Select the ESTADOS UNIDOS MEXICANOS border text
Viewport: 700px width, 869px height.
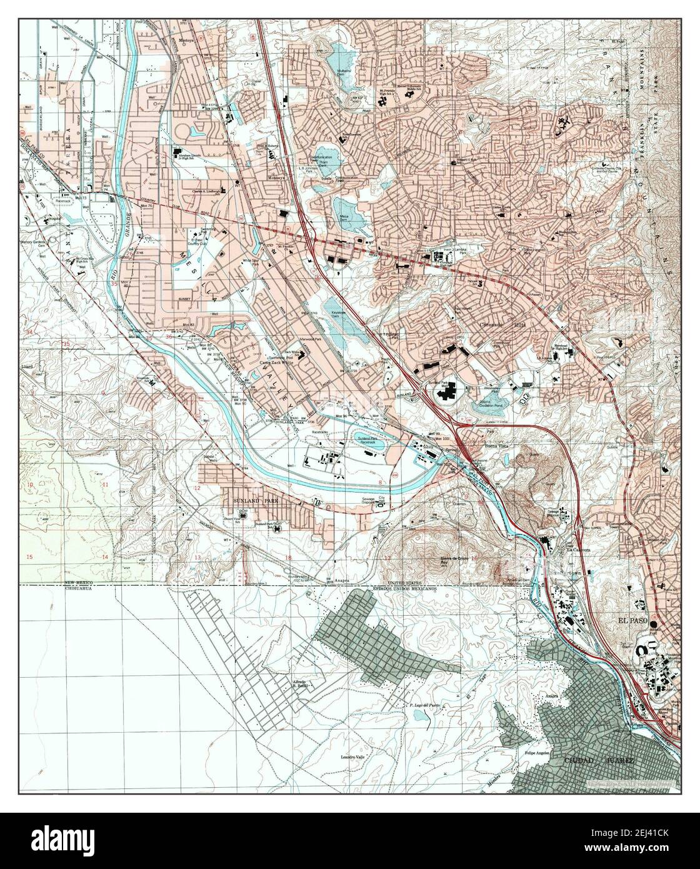404,590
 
